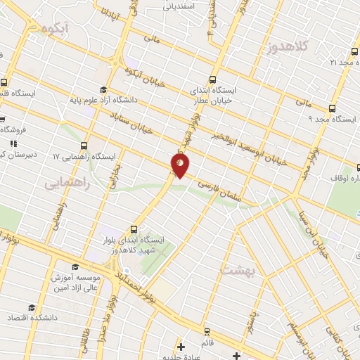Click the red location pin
pyautogui.click(x=180, y=165)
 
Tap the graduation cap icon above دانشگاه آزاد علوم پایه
pyautogui.click(x=103, y=89)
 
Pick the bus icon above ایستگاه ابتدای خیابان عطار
pyautogui.click(x=213, y=79)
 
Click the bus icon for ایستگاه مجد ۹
pyautogui.click(x=332, y=108)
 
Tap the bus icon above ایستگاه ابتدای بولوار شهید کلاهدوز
pyautogui.click(x=134, y=230)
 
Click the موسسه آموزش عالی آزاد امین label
pyautogui.click(x=78, y=283)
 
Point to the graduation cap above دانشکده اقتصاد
pyautogui.click(x=31, y=308)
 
